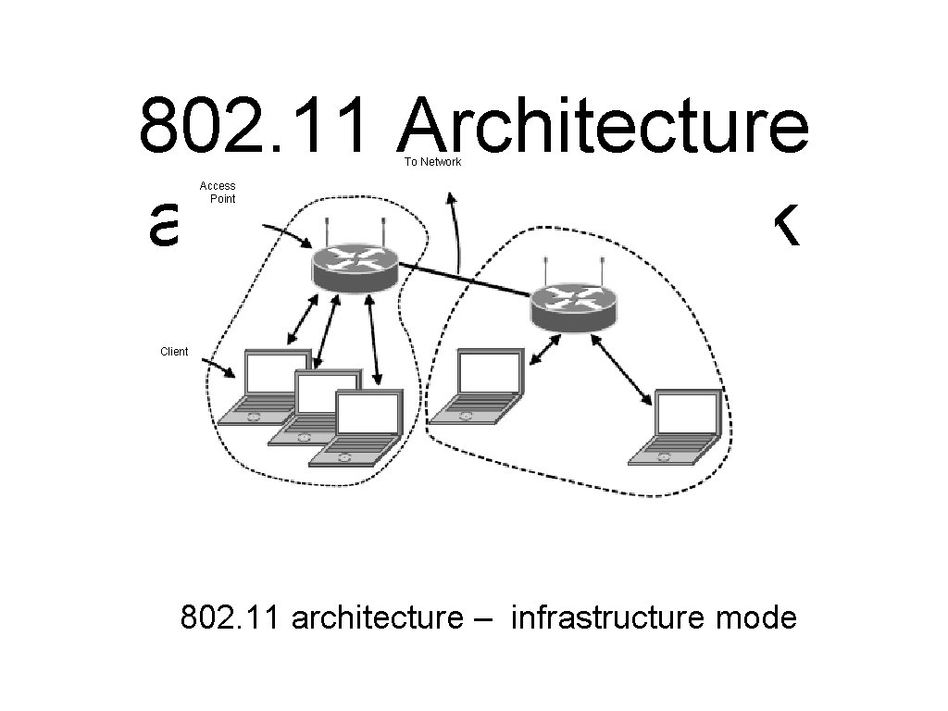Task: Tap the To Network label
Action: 432,162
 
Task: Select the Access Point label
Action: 218,192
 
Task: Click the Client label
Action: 174,352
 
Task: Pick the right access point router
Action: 574,305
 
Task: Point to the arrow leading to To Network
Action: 455,231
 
